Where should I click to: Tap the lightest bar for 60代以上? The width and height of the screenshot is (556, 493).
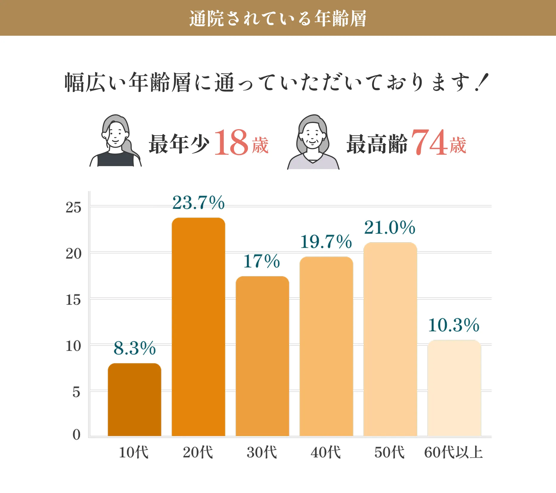[454, 388]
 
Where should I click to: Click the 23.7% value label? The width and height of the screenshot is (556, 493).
[198, 203]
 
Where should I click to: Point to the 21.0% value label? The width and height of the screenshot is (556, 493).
[389, 228]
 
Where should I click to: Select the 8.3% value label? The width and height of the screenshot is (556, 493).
[134, 348]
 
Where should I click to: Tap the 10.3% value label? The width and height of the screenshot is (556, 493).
[454, 325]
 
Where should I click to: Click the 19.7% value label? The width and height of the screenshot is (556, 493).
[326, 241]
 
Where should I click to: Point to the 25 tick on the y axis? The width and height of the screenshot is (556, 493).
[73, 208]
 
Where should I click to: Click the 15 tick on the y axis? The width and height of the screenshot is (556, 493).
[73, 300]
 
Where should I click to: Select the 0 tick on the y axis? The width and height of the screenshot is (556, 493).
[76, 435]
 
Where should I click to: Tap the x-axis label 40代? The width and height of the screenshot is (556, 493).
[325, 453]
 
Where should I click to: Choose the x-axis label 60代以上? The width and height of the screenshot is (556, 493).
[453, 453]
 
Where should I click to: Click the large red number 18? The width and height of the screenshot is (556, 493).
[231, 143]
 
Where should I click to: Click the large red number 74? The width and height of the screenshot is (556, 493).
[429, 143]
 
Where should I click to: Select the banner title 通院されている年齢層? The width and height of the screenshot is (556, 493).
[278, 18]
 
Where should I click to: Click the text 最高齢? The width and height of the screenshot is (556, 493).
[377, 144]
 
